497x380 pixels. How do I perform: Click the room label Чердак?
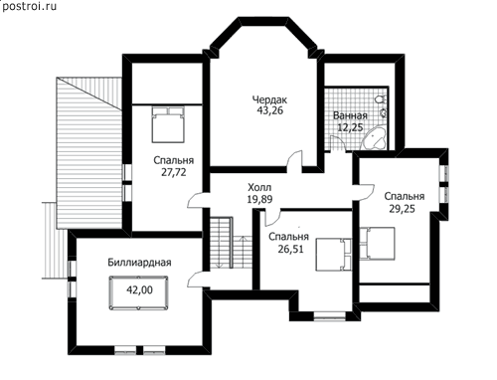269,99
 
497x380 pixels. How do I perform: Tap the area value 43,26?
270,110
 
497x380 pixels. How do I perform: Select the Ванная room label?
350,115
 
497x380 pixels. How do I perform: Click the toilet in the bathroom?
381,98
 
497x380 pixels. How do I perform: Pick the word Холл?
259,188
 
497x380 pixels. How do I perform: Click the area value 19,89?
259,199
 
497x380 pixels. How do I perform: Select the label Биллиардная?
139,263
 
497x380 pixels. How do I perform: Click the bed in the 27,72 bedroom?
168,124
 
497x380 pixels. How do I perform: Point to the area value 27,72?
174,172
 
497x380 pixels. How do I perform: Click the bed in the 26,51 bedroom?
333,255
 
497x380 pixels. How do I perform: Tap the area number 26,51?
290,249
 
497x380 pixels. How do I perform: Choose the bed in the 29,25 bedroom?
378,244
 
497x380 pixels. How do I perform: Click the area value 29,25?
403,209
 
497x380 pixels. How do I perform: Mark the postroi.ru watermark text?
29,6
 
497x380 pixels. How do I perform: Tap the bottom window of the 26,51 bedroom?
330,316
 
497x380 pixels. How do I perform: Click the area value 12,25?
350,127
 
